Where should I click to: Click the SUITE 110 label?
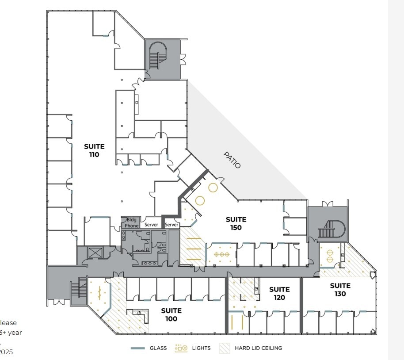click(x=95, y=150)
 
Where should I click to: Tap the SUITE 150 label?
click(x=236, y=223)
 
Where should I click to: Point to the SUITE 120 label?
click(x=279, y=293)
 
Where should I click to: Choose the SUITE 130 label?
click(x=340, y=290)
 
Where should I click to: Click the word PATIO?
click(x=232, y=160)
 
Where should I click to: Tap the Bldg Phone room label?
click(x=131, y=222)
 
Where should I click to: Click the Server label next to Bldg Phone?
click(x=151, y=225)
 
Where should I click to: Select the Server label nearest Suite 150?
click(x=172, y=225)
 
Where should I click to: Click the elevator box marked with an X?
click(x=95, y=253)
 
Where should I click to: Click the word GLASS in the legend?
click(x=158, y=348)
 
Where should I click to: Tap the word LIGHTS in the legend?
click(x=201, y=348)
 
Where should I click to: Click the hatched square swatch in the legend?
click(x=225, y=348)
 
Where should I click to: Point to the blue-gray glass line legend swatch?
click(x=138, y=348)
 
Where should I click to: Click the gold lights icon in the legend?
click(x=181, y=348)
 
